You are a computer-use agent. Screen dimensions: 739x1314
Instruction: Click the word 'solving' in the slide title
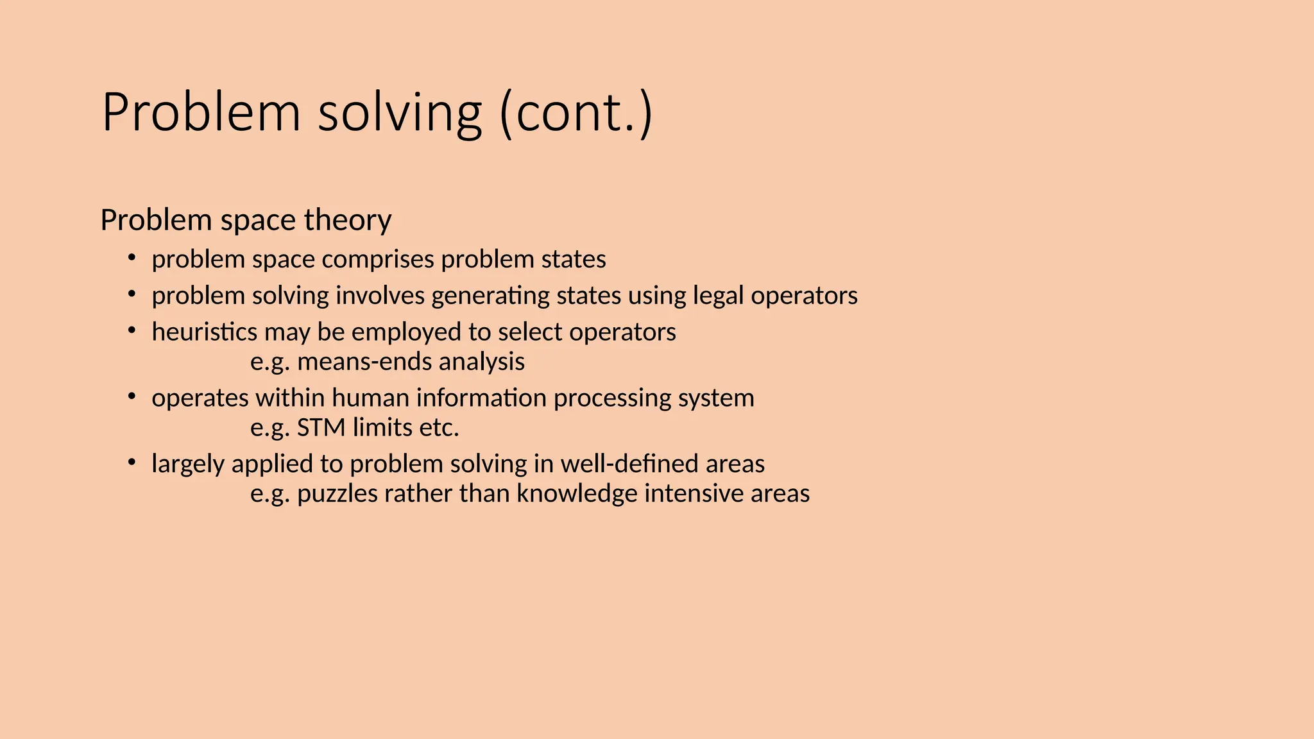[399, 113]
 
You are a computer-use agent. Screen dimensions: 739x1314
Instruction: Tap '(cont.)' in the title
[576, 113]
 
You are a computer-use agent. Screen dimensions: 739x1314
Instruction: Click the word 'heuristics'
[204, 332]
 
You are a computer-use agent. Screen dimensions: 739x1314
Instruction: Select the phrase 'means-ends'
[364, 362]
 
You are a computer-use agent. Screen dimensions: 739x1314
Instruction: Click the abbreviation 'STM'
[321, 428]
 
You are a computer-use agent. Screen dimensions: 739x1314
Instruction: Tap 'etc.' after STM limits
[439, 428]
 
